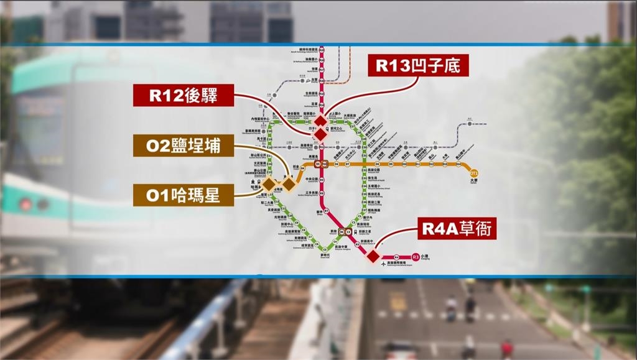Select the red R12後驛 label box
point(175,96)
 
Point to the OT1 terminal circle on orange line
point(474,173)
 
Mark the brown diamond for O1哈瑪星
point(268,184)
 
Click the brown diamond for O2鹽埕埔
point(289,183)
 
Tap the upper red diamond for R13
point(320,121)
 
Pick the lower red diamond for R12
point(319,134)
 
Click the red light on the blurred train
point(26,204)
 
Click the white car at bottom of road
point(400,352)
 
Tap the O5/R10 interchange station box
point(321,164)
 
